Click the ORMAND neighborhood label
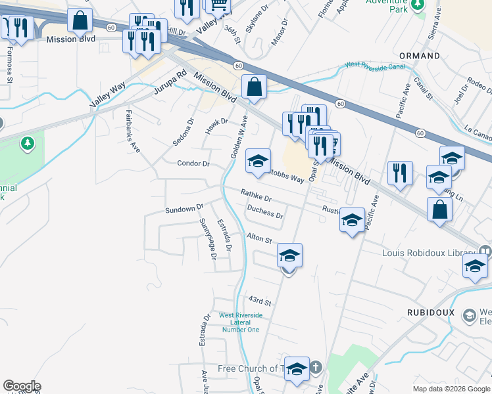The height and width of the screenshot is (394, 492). [419, 56]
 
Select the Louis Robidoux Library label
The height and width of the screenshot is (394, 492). [428, 253]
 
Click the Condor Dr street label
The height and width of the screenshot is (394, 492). [193, 164]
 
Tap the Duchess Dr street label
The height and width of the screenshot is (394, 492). [265, 211]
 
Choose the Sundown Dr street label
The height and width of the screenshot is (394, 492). [184, 209]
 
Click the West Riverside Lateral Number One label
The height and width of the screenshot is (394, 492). [240, 322]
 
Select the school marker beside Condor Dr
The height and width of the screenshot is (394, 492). [258, 161]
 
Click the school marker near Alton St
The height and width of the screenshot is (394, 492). [289, 255]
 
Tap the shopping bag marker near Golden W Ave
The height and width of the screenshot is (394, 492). [254, 87]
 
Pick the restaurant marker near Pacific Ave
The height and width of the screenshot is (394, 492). [400, 173]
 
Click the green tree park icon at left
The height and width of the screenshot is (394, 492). [27, 142]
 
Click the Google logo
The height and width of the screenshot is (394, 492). [22, 386]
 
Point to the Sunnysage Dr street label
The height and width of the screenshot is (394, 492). [208, 238]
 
